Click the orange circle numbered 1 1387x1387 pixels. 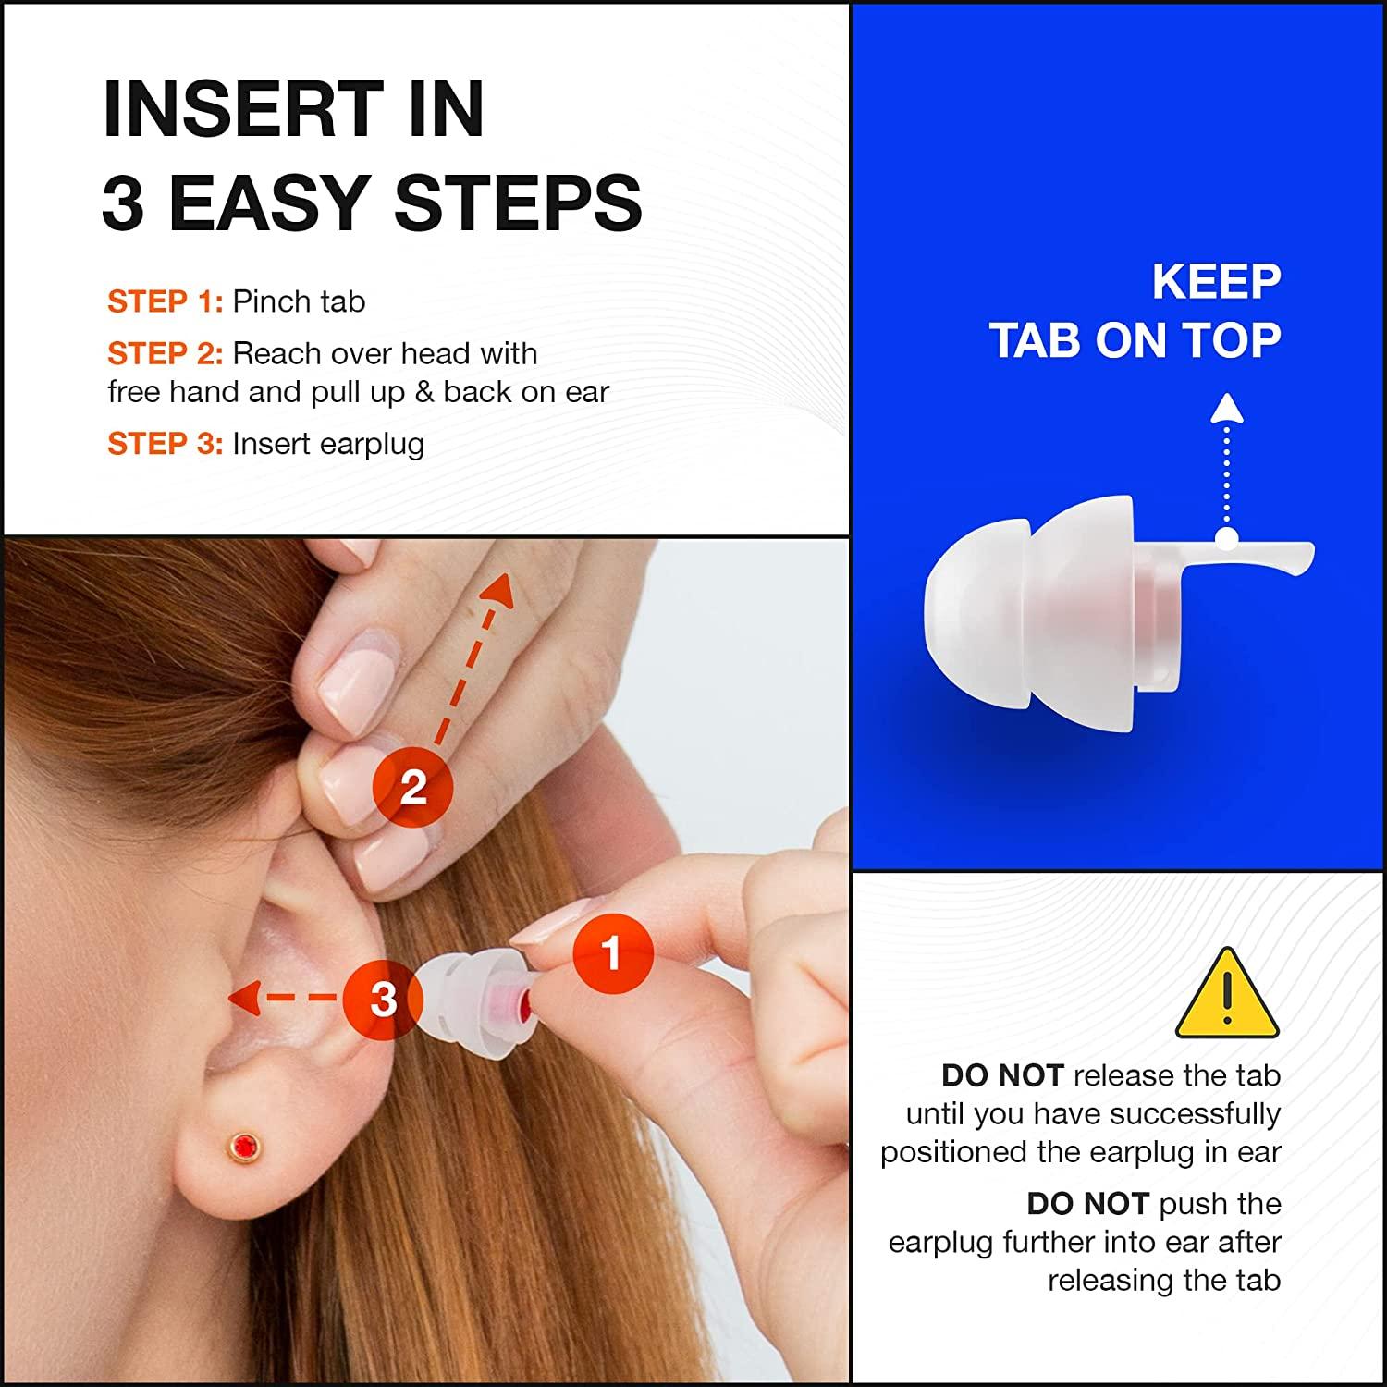(612, 952)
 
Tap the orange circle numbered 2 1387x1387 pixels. (412, 788)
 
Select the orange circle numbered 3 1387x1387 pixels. (383, 999)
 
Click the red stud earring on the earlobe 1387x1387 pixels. (245, 1145)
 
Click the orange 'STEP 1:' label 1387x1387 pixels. (165, 301)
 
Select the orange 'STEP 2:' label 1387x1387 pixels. (165, 353)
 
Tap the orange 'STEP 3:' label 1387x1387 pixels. (165, 444)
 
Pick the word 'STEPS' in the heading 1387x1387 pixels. (518, 203)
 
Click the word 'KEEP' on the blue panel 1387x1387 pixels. (1216, 282)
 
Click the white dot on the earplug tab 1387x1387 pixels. (1227, 540)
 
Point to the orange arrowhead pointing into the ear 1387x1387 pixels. (243, 998)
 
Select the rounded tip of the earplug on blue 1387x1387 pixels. (952, 615)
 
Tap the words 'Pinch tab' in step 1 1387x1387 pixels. (299, 301)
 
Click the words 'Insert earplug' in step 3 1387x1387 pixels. (328, 444)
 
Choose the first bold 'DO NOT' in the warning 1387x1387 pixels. (1002, 1075)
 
